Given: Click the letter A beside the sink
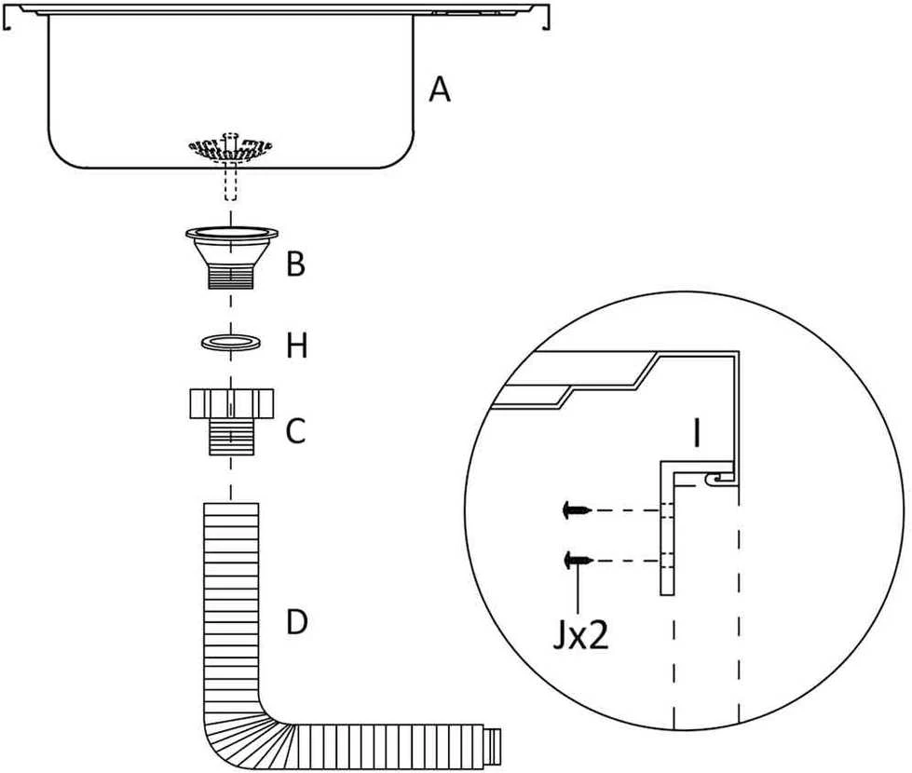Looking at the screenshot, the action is click(x=439, y=90).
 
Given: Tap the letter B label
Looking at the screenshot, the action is click(x=295, y=264).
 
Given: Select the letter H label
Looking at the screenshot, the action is click(x=296, y=346).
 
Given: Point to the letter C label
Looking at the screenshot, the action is click(x=296, y=431).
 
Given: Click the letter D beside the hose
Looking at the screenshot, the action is click(x=296, y=622).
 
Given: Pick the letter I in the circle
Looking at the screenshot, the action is click(x=697, y=433).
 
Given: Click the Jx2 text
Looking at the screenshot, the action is click(x=580, y=636).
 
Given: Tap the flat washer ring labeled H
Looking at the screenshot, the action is click(x=231, y=342).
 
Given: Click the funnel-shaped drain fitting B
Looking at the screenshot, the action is click(x=231, y=257).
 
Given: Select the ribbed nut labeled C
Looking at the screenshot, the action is click(x=231, y=422).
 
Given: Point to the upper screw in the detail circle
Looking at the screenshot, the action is click(x=577, y=510).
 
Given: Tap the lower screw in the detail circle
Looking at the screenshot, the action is click(x=579, y=560).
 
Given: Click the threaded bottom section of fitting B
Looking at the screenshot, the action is click(x=231, y=277).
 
